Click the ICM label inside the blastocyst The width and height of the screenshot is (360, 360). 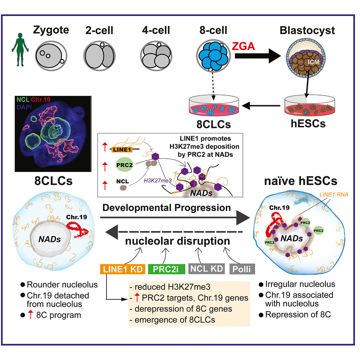(x=311, y=62)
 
